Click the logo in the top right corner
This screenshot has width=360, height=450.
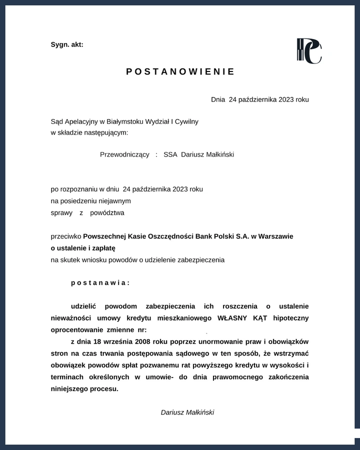tap(309, 51)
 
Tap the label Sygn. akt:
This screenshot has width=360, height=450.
tap(67, 44)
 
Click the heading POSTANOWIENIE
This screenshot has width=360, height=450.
tap(180, 71)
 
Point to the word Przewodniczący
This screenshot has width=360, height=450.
tap(124, 154)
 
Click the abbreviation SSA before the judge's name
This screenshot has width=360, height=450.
tap(170, 154)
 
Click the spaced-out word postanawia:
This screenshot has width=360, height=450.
tap(100, 282)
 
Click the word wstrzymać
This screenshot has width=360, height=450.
tap(292, 353)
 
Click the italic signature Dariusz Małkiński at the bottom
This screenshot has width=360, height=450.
tap(187, 412)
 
